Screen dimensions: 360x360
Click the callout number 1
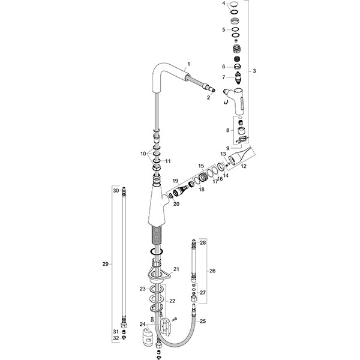pos(188,64)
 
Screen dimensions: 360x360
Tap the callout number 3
pos(254,71)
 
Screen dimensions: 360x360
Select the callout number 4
pos(224,4)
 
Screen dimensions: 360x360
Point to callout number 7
pos(224,77)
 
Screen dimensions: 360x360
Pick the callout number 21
pos(176,269)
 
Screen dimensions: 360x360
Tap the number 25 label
pos(202,322)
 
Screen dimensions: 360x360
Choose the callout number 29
pos(105,264)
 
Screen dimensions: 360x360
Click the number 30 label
pos(115,190)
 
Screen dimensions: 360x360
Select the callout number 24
pos(142,325)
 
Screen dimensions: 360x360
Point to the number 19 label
pos(176,181)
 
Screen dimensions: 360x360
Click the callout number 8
pos(227,130)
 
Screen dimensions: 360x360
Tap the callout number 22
pos(172,301)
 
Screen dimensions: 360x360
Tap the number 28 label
pos(203,242)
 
